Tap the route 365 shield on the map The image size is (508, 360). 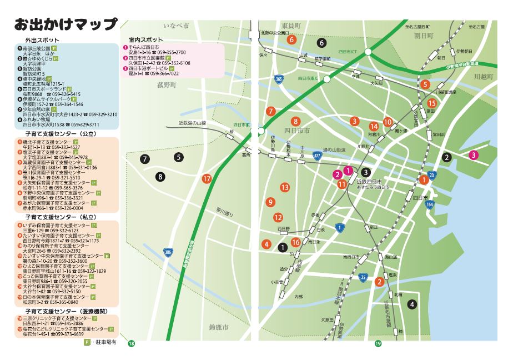click(x=278, y=80)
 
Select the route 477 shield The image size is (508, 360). click(x=316, y=157)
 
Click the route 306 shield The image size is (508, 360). click(x=168, y=252)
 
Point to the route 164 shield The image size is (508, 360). click(x=430, y=204)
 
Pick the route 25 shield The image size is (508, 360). click(x=363, y=277)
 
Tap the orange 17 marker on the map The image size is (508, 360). click(x=207, y=179)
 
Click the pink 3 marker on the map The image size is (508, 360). click(x=473, y=155)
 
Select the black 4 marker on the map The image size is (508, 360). click(x=411, y=304)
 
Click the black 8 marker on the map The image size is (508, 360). click(x=160, y=177)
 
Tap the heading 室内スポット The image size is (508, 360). click(x=145, y=40)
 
